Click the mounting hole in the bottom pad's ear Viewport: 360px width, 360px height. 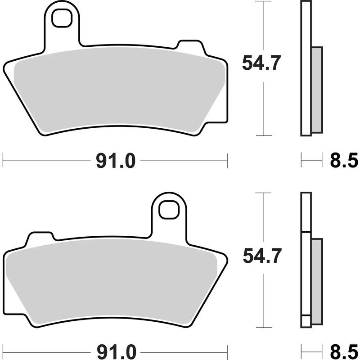[x=169, y=209]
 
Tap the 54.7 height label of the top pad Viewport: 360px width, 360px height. [x=261, y=63]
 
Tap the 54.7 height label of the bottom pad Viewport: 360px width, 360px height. [x=261, y=257]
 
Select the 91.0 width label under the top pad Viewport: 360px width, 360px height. [x=115, y=160]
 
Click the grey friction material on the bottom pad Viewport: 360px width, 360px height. [x=112, y=281]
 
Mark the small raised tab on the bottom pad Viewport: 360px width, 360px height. [x=41, y=237]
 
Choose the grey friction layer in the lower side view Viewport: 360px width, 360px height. [x=317, y=281]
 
